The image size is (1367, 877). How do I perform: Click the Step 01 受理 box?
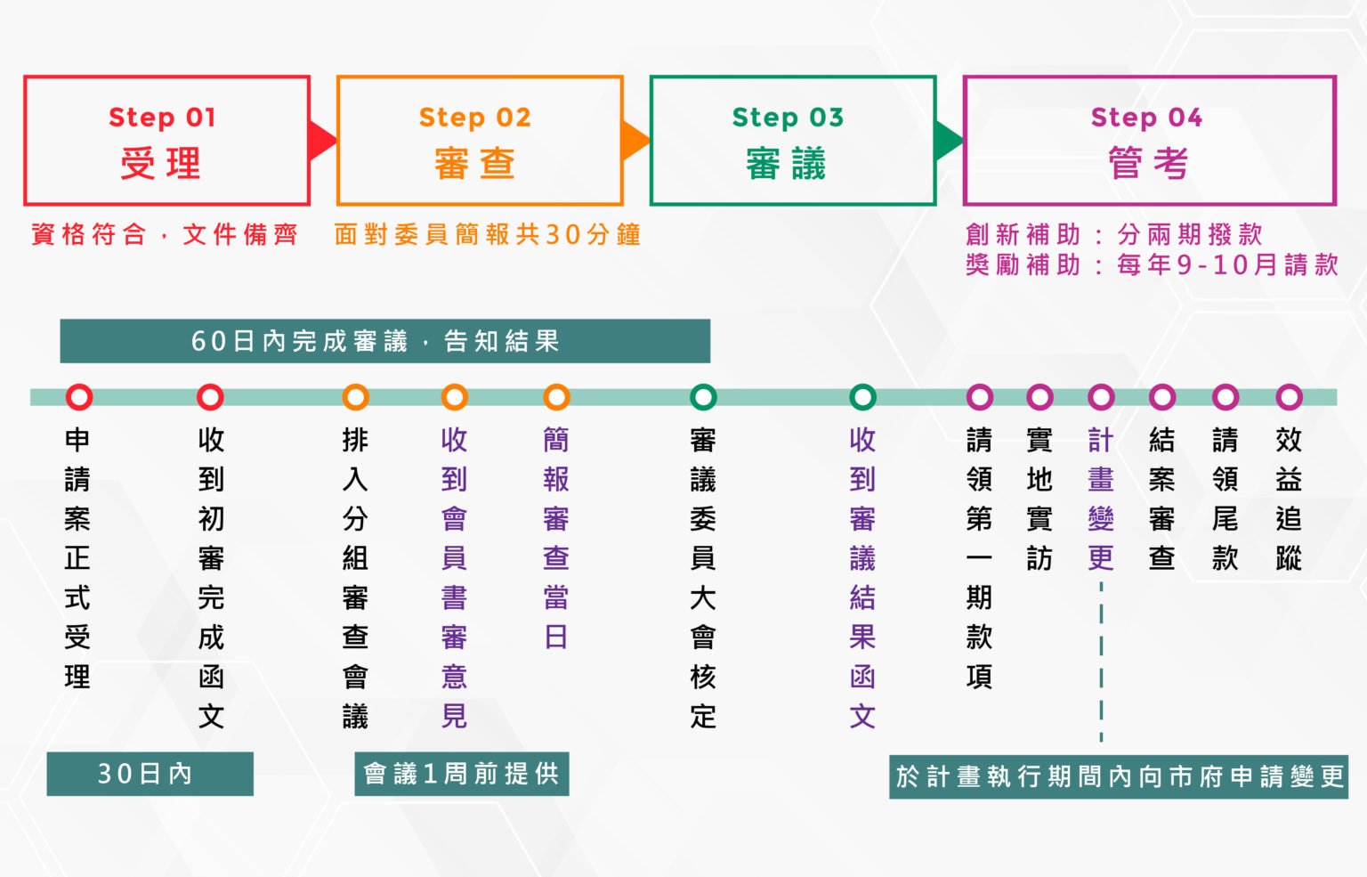point(167,141)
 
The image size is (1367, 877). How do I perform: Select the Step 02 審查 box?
point(480,141)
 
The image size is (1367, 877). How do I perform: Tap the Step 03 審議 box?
point(793,141)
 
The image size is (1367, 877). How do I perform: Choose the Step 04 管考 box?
point(1149,141)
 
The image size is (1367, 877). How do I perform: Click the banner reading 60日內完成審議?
point(384,341)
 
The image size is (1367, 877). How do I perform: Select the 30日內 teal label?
point(150,774)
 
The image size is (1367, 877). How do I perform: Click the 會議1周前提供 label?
point(461,774)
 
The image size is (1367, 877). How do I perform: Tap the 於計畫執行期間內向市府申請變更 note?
point(1119,777)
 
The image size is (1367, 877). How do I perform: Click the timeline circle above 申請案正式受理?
point(79,397)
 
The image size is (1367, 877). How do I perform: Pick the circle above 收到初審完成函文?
point(211,397)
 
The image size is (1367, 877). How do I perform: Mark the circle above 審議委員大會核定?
point(703,397)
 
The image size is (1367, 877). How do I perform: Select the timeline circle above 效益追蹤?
point(1289,397)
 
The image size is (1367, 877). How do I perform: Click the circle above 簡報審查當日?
point(556,397)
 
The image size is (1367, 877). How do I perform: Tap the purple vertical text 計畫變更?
point(1101,499)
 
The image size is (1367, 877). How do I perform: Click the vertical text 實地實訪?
point(1039,499)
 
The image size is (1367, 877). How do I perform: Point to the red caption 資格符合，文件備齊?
point(165,235)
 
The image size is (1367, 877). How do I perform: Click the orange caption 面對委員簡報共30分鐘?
point(488,235)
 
